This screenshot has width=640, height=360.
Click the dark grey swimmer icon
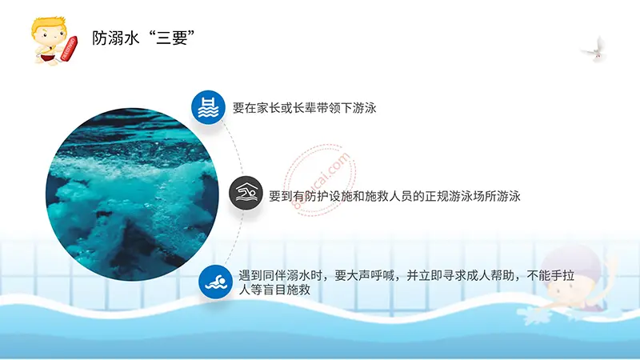[246, 194]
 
